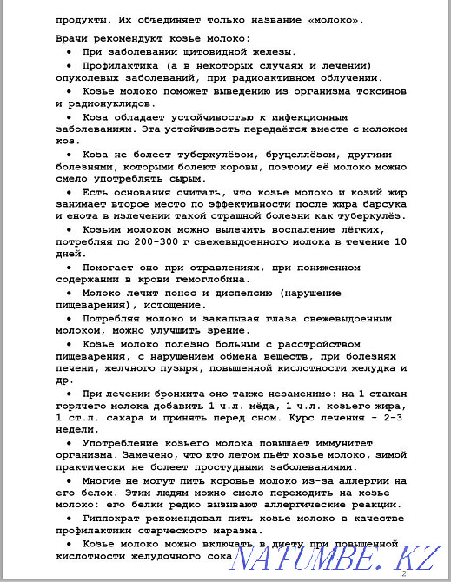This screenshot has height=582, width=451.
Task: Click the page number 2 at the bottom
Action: (403, 574)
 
